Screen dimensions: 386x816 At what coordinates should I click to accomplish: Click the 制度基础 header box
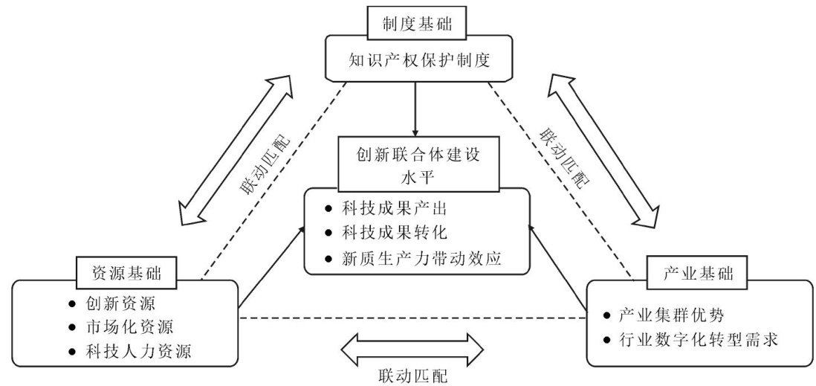pos(417,24)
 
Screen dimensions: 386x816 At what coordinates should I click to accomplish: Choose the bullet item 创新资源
pos(119,303)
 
